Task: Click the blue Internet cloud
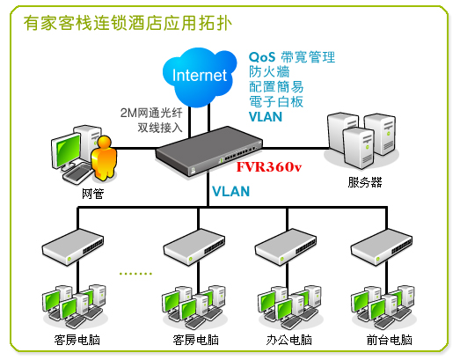(x=200, y=77)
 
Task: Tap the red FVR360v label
(x=269, y=166)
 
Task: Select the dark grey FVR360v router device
(x=208, y=151)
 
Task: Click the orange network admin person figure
(x=104, y=158)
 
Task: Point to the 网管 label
(x=92, y=194)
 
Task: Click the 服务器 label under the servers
(x=365, y=182)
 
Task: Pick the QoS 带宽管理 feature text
(x=292, y=57)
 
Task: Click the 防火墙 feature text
(x=269, y=71)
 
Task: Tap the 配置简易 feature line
(x=276, y=86)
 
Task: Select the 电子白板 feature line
(x=276, y=101)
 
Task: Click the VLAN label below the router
(x=231, y=192)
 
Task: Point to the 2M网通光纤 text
(x=151, y=113)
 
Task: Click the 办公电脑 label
(x=289, y=340)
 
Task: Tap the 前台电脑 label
(x=390, y=340)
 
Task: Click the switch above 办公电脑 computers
(x=286, y=247)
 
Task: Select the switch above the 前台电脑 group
(x=382, y=247)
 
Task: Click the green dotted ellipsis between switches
(x=135, y=274)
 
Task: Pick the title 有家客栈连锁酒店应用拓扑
(x=128, y=23)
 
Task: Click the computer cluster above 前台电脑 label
(x=383, y=307)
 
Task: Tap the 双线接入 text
(x=160, y=128)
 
